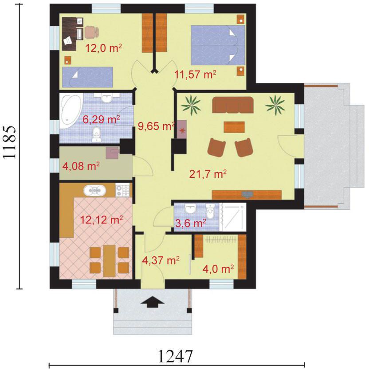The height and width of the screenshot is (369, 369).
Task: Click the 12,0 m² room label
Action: click(x=103, y=48)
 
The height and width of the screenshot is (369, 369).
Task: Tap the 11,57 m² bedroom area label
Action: click(x=195, y=75)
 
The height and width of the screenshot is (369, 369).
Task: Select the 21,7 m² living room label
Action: click(x=208, y=174)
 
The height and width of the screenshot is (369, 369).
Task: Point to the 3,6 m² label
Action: click(x=191, y=223)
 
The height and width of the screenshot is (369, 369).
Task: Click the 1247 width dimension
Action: click(x=176, y=356)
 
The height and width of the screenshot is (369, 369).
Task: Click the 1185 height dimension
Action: click(x=10, y=142)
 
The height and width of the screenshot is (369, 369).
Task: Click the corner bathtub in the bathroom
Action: click(x=71, y=110)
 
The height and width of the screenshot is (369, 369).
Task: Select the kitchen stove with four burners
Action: click(x=122, y=190)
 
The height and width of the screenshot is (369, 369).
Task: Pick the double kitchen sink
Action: click(x=94, y=190)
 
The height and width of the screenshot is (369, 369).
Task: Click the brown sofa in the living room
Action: click(x=233, y=105)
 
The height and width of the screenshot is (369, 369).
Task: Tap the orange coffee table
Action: click(x=234, y=127)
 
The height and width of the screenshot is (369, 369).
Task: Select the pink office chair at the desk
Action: click(x=91, y=32)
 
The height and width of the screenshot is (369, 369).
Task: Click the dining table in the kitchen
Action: click(x=110, y=261)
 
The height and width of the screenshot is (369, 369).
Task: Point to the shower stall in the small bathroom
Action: click(x=232, y=217)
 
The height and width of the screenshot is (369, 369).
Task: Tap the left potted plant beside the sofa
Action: click(x=191, y=105)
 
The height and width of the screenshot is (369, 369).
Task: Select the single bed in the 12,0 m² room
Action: click(x=87, y=77)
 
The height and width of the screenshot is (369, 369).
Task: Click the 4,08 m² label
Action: click(x=81, y=166)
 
